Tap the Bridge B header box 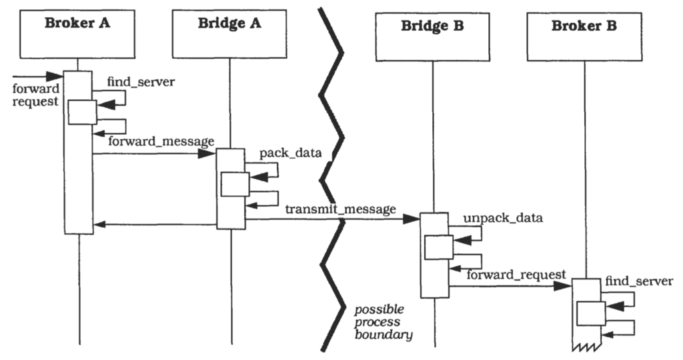click(x=432, y=36)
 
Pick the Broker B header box click(x=584, y=36)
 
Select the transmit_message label click(x=341, y=209)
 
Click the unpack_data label click(x=493, y=218)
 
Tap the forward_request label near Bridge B click(x=516, y=274)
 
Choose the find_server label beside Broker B click(x=639, y=282)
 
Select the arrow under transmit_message click(x=333, y=217)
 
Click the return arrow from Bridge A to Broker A click(x=155, y=225)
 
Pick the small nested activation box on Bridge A click(x=235, y=184)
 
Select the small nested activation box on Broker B click(x=591, y=312)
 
